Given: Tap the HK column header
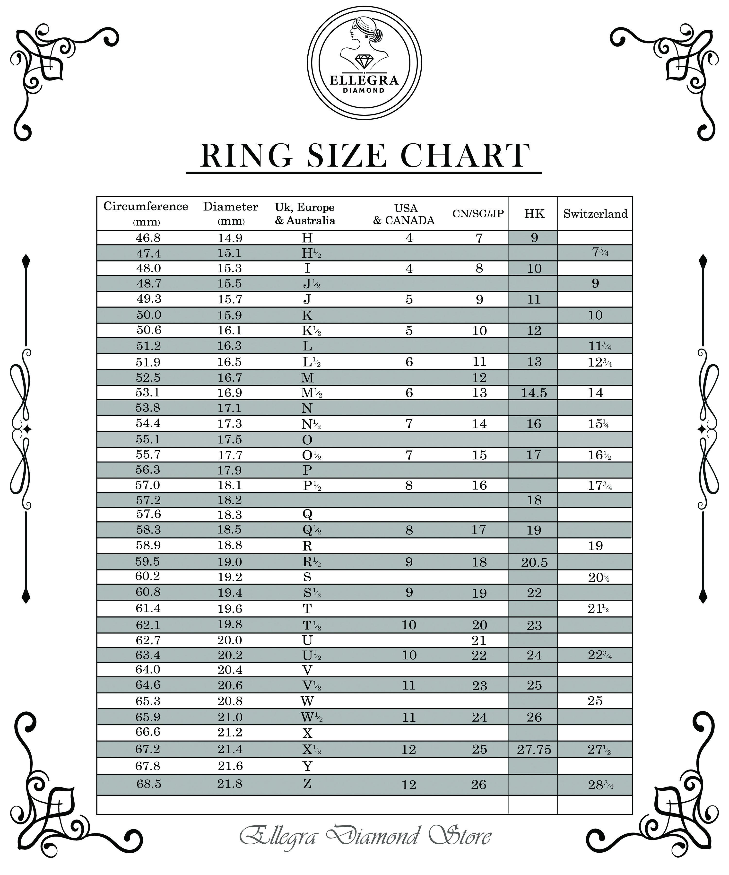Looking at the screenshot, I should point(534,214).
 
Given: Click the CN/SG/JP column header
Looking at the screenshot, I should point(478,214).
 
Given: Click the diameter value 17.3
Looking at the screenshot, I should point(230,424).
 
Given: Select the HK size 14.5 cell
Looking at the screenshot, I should point(534,393).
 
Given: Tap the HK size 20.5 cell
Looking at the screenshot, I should point(534,562).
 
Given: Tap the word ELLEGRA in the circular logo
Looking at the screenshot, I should point(364,80).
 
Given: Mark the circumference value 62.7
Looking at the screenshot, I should point(148,640).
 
